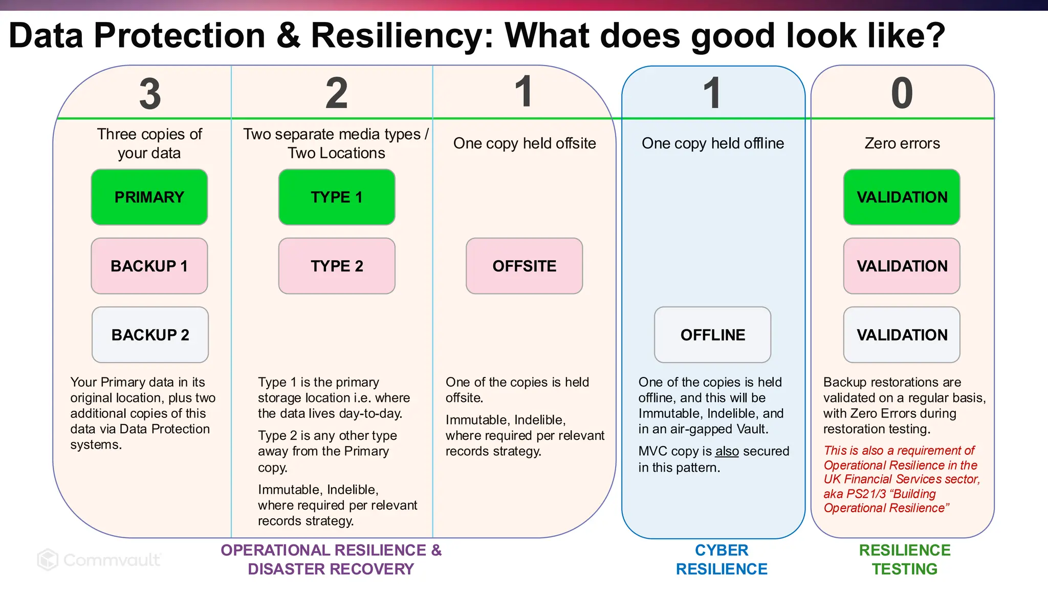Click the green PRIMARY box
149,197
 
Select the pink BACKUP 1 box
149,266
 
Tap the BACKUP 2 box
150,335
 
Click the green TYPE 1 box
337,197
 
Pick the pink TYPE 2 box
337,266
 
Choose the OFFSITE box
524,266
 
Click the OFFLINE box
712,335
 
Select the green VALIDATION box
902,197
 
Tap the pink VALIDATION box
902,266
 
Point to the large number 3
150,94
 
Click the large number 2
337,94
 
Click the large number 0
902,94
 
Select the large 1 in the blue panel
712,94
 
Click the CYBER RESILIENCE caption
722,559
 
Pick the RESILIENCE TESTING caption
904,559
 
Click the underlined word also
727,451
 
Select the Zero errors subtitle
902,143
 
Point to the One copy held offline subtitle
712,143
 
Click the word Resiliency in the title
402,36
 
